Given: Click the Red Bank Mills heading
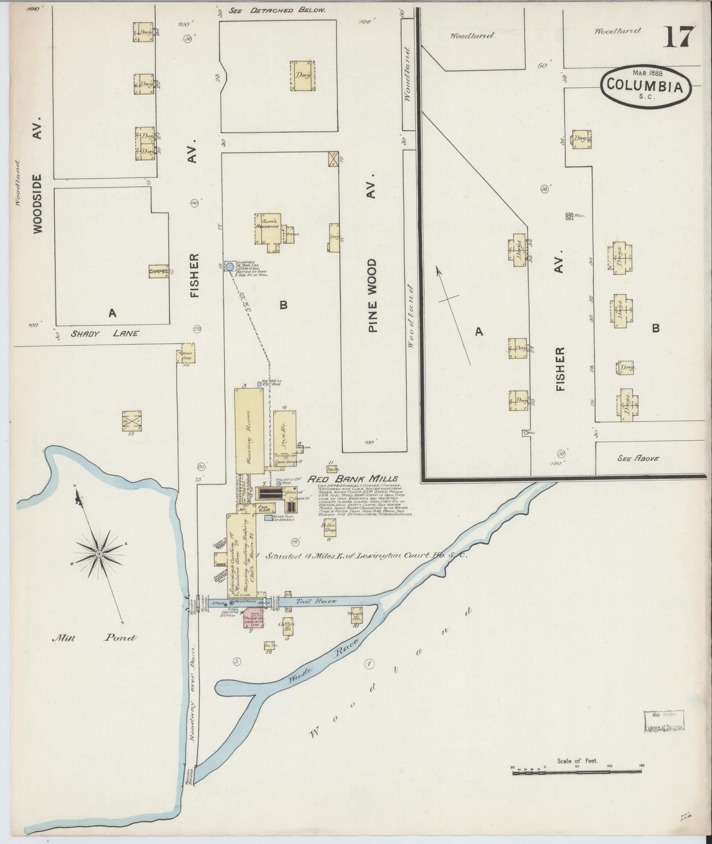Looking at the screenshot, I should [352, 479].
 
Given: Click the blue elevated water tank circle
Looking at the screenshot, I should [230, 266].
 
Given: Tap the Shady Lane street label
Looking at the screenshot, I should [105, 334].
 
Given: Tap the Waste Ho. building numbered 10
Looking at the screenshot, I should [355, 616].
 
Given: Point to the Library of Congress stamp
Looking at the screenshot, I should [664, 722].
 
